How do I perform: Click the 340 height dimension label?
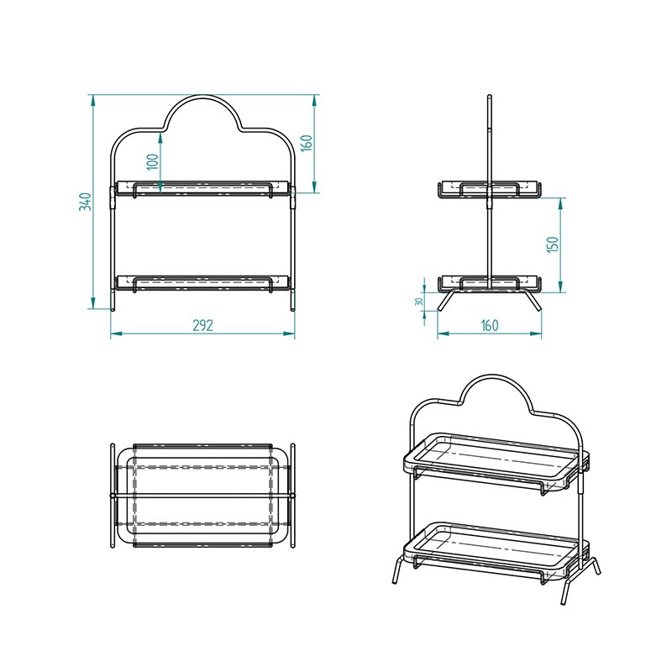(x=86, y=202)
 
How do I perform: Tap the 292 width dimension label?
(x=202, y=325)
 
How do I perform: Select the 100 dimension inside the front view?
(x=153, y=161)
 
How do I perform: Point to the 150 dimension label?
(x=553, y=244)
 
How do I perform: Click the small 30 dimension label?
(x=419, y=302)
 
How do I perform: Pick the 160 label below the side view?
(x=490, y=325)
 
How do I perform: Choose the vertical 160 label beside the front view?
(x=307, y=143)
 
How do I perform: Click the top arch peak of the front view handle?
(x=202, y=96)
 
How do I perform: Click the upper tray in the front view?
(x=202, y=187)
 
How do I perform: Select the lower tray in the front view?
(x=202, y=283)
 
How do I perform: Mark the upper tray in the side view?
(x=490, y=191)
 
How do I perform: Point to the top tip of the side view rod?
(x=490, y=95)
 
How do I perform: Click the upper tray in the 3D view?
(x=496, y=462)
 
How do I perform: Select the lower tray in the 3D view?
(x=496, y=552)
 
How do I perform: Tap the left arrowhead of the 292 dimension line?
(x=116, y=333)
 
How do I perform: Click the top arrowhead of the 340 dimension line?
(x=92, y=100)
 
